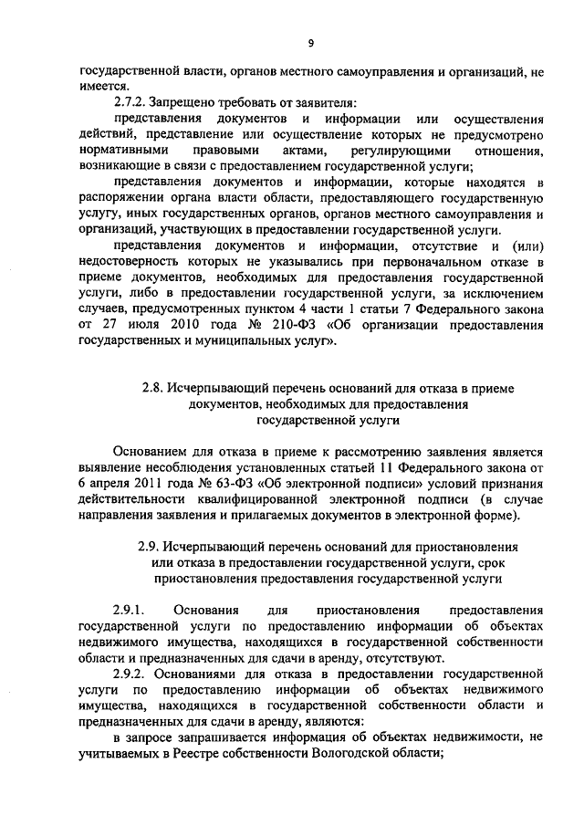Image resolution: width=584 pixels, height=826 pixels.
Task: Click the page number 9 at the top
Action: click(x=311, y=43)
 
